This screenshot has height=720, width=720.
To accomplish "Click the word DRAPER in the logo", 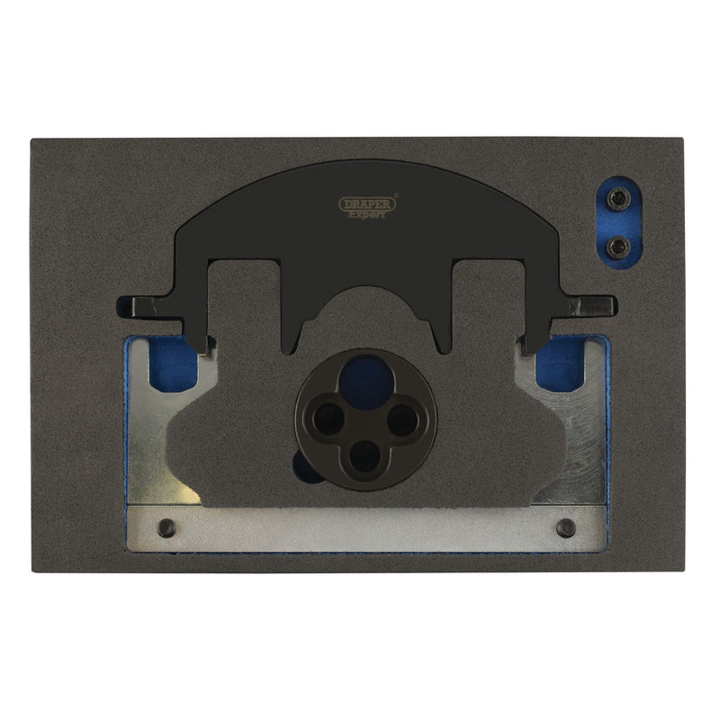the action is pyautogui.click(x=367, y=205).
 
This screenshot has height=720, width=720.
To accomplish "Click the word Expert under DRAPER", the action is pyautogui.click(x=366, y=214).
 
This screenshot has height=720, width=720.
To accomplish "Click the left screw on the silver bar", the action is pyautogui.click(x=166, y=527).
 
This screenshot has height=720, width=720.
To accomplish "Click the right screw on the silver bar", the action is pyautogui.click(x=566, y=527).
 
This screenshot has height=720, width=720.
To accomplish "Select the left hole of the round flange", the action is pyautogui.click(x=328, y=418).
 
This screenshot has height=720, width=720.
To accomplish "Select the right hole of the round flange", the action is pyautogui.click(x=402, y=419).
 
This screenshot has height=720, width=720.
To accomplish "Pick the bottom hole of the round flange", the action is pyautogui.click(x=364, y=455).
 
